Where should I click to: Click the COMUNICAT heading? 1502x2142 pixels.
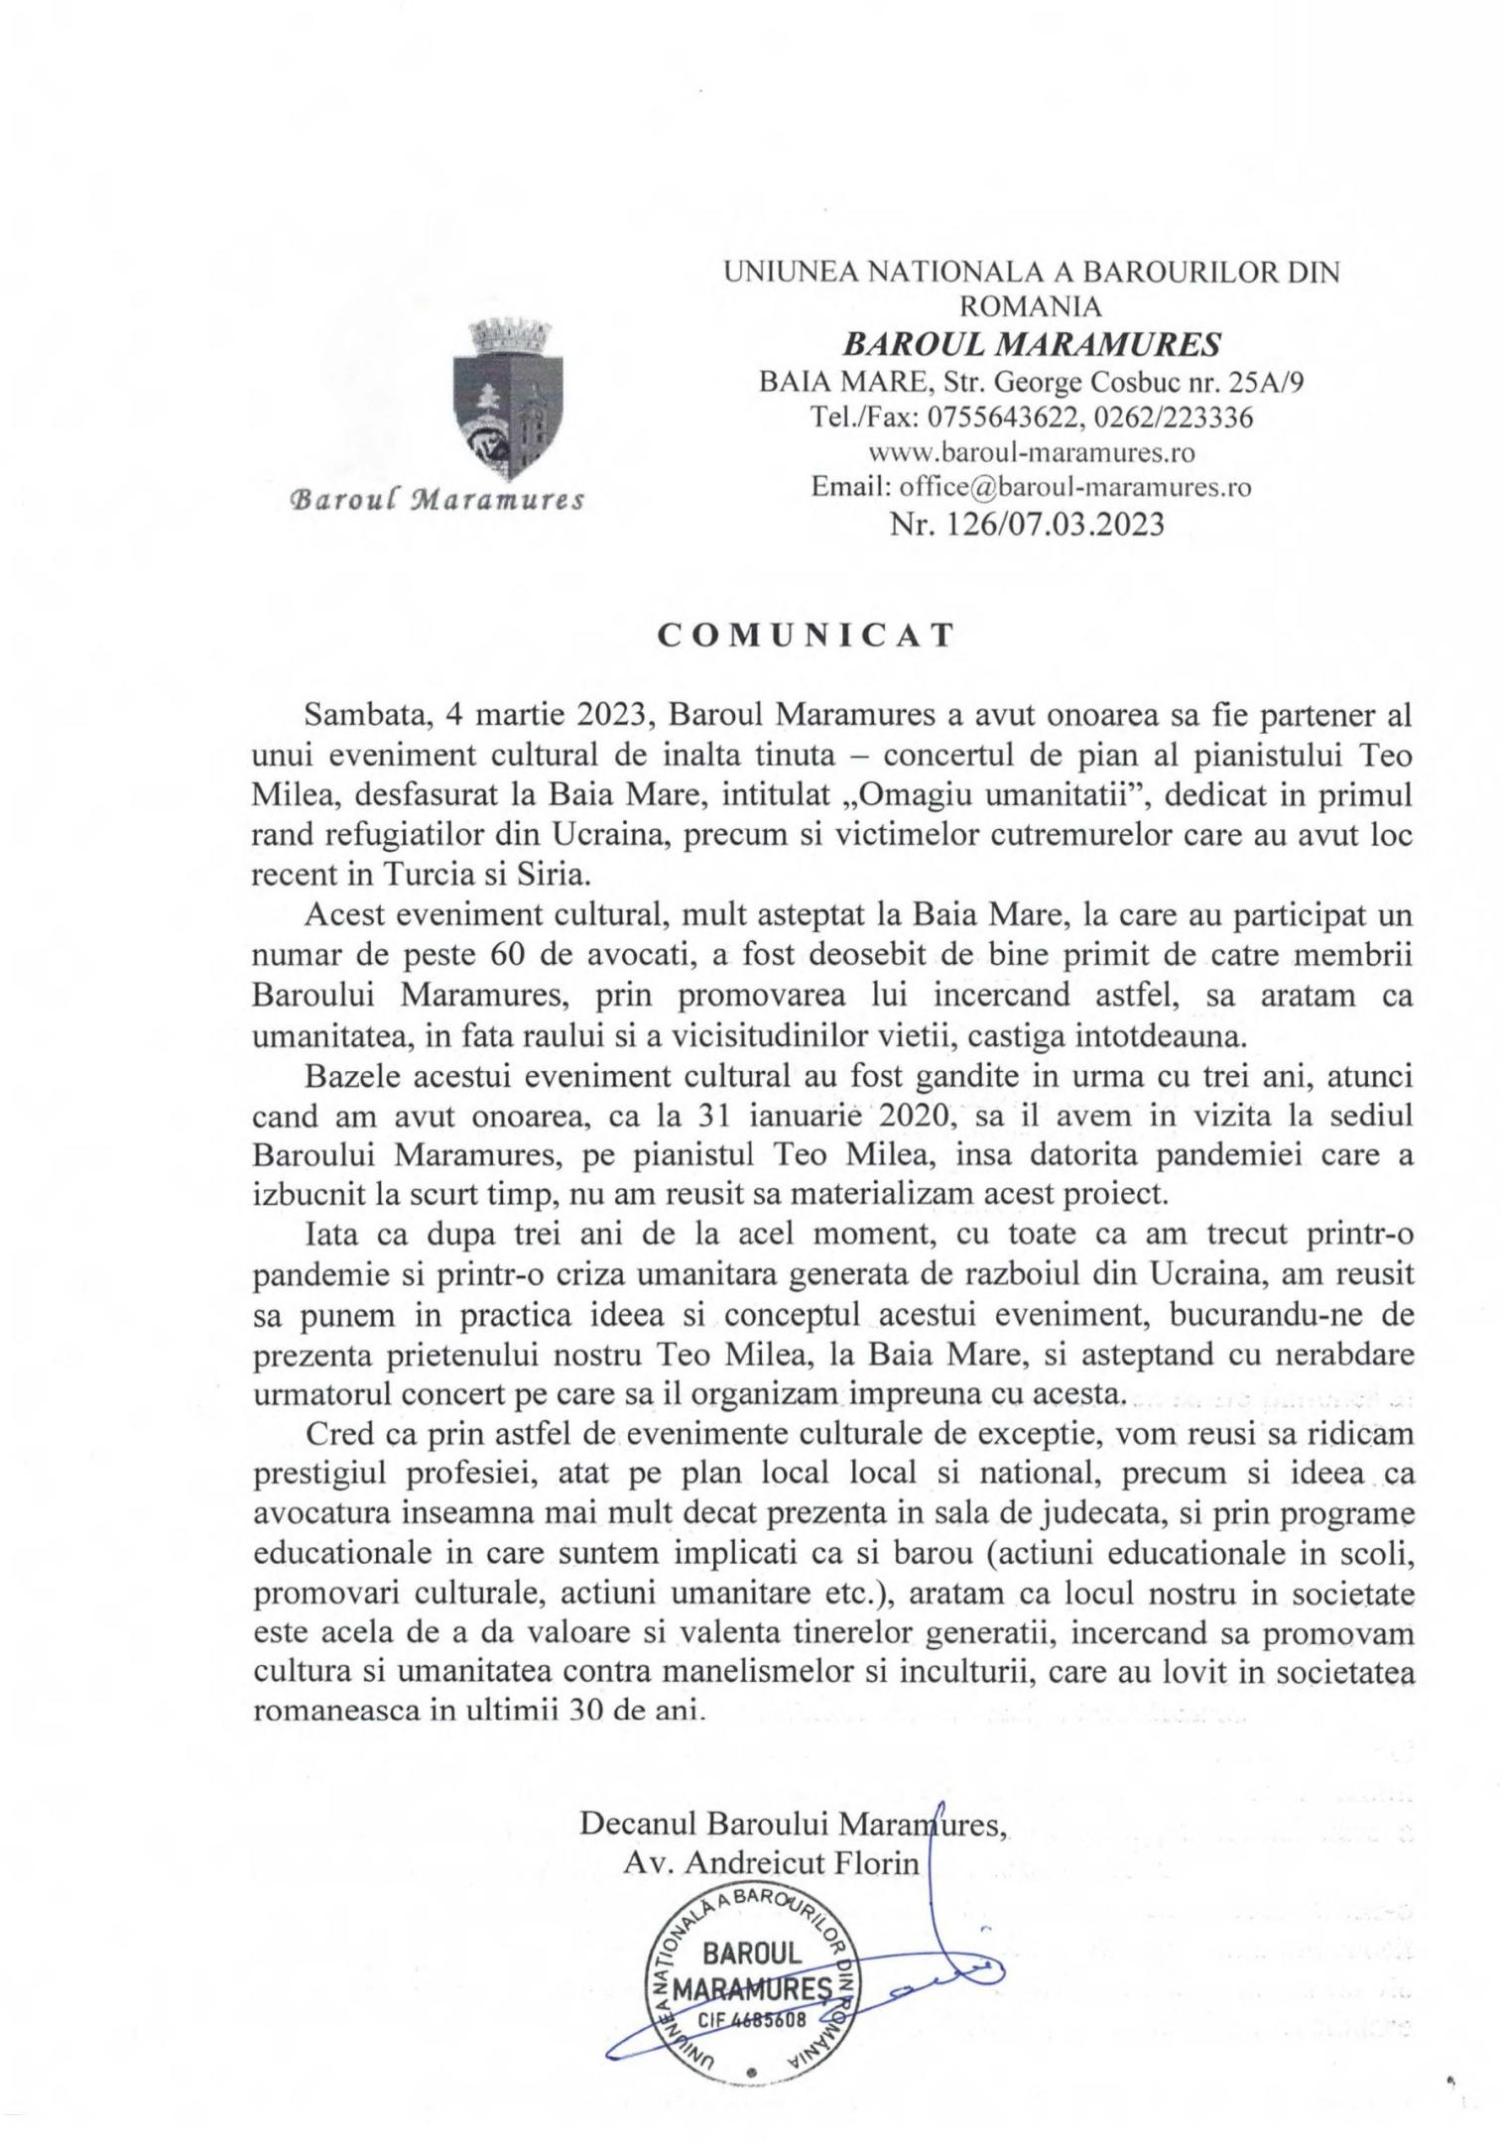click(x=806, y=636)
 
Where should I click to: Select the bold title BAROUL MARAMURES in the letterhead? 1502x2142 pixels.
click(x=1032, y=343)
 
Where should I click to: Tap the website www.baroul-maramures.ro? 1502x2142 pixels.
click(x=1032, y=452)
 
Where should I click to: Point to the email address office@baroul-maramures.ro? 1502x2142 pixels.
click(x=1074, y=487)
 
